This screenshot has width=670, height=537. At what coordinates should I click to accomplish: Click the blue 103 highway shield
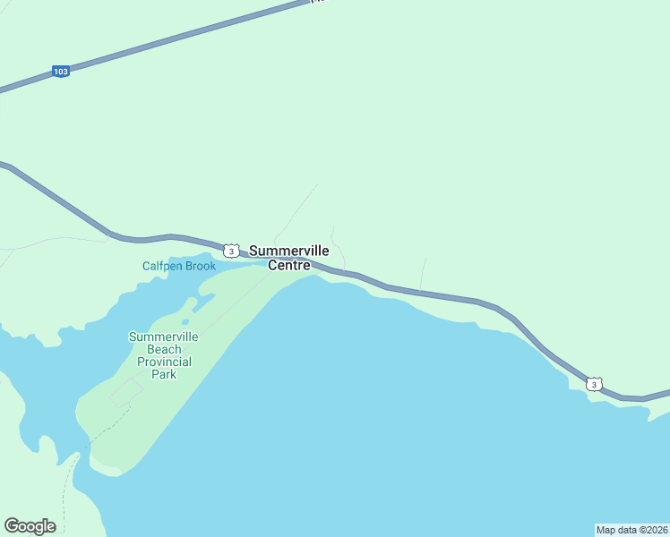click(60, 72)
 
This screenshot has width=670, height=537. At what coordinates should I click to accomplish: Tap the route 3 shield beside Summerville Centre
click(231, 251)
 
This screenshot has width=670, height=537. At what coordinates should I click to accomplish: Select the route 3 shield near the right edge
click(595, 384)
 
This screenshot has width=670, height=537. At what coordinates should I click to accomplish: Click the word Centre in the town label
click(289, 266)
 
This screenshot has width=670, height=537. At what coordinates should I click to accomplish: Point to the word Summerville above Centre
click(288, 251)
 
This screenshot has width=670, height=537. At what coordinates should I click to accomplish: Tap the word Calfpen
click(161, 266)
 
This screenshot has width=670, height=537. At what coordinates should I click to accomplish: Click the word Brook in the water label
click(201, 266)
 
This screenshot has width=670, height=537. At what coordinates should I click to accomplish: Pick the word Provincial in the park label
click(164, 362)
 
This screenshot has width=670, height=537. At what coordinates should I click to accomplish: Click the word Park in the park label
click(164, 374)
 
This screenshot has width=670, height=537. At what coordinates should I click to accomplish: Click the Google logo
click(30, 526)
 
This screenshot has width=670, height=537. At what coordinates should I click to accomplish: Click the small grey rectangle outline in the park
click(126, 392)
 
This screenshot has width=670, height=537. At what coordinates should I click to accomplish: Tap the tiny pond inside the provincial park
click(185, 322)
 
